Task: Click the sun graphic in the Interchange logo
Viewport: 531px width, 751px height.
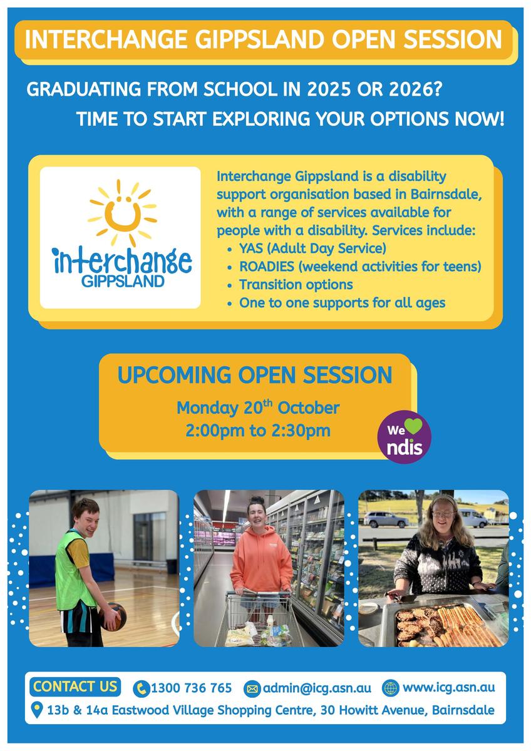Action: pyautogui.click(x=123, y=213)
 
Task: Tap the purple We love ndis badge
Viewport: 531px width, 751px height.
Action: pyautogui.click(x=405, y=437)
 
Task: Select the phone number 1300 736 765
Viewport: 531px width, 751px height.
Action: pyautogui.click(x=191, y=688)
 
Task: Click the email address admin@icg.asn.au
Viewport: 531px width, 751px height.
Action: pyautogui.click(x=317, y=688)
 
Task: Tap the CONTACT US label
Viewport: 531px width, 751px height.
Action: pyautogui.click(x=75, y=687)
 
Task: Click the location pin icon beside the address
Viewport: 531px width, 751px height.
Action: pyautogui.click(x=36, y=710)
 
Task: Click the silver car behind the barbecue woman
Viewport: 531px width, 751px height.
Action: pyautogui.click(x=386, y=519)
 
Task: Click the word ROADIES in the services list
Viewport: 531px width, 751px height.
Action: pyautogui.click(x=267, y=267)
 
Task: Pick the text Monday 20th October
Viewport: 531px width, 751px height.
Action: pyautogui.click(x=258, y=407)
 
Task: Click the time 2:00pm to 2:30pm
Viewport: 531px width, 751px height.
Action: pyautogui.click(x=258, y=431)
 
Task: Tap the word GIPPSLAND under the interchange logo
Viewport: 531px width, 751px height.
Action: pyautogui.click(x=123, y=281)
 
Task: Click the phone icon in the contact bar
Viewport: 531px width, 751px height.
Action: pyautogui.click(x=142, y=688)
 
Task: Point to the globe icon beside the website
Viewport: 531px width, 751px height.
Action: pyautogui.click(x=391, y=688)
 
